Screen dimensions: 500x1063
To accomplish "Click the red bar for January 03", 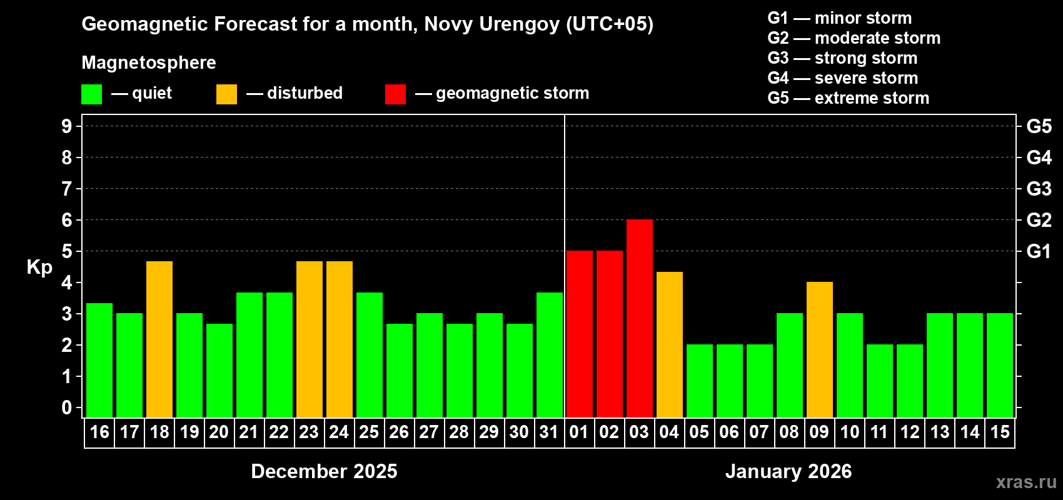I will click(639, 318).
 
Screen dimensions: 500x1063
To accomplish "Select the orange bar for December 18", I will click(159, 339).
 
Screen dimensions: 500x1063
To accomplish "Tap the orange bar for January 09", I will click(819, 349).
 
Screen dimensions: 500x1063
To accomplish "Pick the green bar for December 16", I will click(99, 360).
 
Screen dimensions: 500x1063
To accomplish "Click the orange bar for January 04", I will click(669, 344).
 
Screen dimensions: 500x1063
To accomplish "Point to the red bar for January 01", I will click(579, 334).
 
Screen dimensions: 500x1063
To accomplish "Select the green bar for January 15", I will click(999, 365).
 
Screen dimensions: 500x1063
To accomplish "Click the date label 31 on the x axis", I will click(549, 432).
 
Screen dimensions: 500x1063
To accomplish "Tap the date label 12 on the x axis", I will click(909, 432).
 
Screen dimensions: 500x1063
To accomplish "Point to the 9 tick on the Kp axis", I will click(67, 126).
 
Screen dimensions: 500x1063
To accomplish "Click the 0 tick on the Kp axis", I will click(67, 407).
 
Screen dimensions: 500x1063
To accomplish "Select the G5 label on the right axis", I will click(1039, 126).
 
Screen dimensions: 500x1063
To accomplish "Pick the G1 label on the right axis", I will click(1039, 251).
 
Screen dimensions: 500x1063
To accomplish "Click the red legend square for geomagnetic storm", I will click(395, 94).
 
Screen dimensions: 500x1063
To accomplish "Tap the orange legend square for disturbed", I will click(226, 94).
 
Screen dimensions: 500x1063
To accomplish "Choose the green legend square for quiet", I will click(92, 94).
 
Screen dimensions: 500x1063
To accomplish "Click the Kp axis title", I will click(39, 267).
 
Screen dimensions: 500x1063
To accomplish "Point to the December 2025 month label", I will click(324, 471).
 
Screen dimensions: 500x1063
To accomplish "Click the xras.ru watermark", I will click(1026, 482).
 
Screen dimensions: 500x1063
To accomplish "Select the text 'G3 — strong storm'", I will click(842, 58).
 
